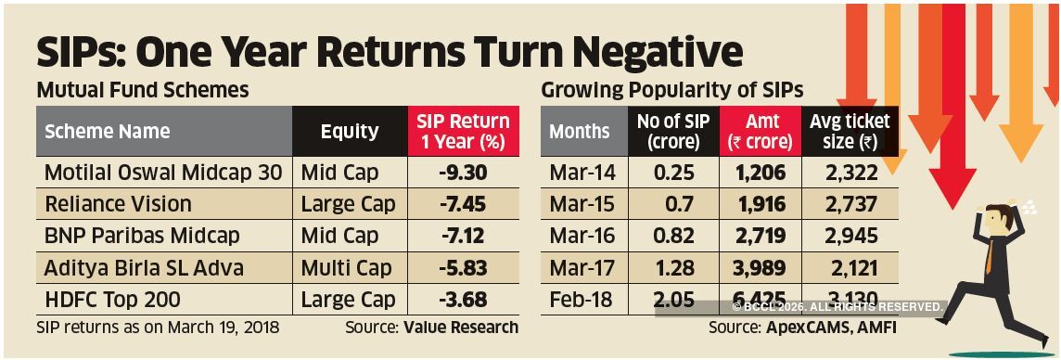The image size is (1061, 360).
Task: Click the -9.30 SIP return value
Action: pos(464,173)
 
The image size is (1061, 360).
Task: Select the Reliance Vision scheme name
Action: pos(118,204)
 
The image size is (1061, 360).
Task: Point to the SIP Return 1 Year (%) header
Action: pos(463,132)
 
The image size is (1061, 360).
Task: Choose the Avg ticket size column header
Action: pos(849,132)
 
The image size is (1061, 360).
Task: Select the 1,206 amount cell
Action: pos(761,173)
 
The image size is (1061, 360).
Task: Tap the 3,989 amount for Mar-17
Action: pos(761,268)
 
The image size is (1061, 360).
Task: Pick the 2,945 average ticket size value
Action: pos(849,237)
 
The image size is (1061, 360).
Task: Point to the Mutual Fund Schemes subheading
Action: pos(142,91)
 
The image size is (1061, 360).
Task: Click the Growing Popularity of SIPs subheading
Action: pos(671,91)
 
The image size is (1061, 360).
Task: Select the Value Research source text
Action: pos(461,328)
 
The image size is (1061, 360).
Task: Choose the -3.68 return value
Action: pos(464,300)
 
